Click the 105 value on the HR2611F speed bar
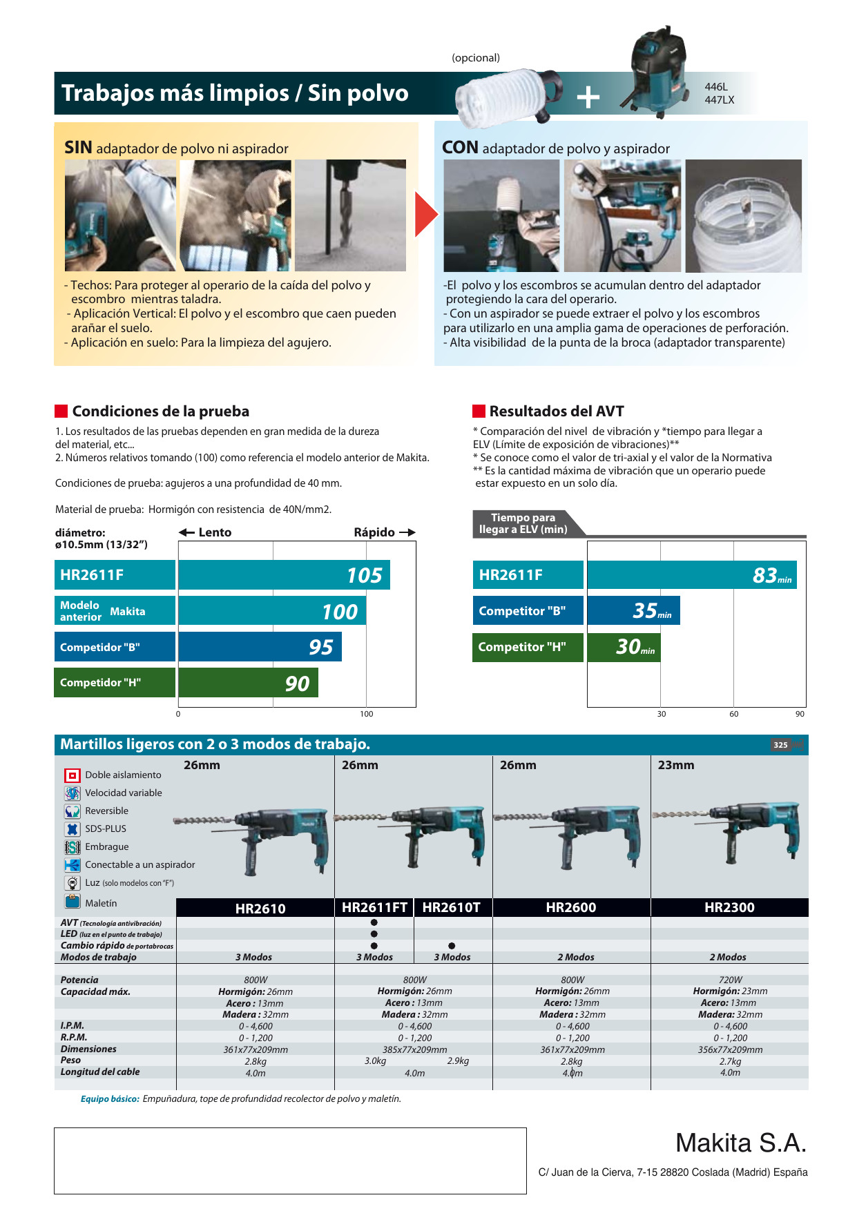(364, 575)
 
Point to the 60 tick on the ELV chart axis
(733, 714)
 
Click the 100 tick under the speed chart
(367, 714)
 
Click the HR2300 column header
(729, 907)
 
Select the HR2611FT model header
(374, 907)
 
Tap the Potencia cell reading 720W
(730, 980)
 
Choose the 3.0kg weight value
(375, 1060)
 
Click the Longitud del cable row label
(100, 1072)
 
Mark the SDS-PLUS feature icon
(72, 829)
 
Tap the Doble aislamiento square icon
(72, 775)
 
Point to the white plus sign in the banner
(588, 97)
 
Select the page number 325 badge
(780, 745)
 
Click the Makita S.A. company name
(740, 1143)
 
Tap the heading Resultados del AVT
(557, 411)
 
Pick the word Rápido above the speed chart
(374, 532)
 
